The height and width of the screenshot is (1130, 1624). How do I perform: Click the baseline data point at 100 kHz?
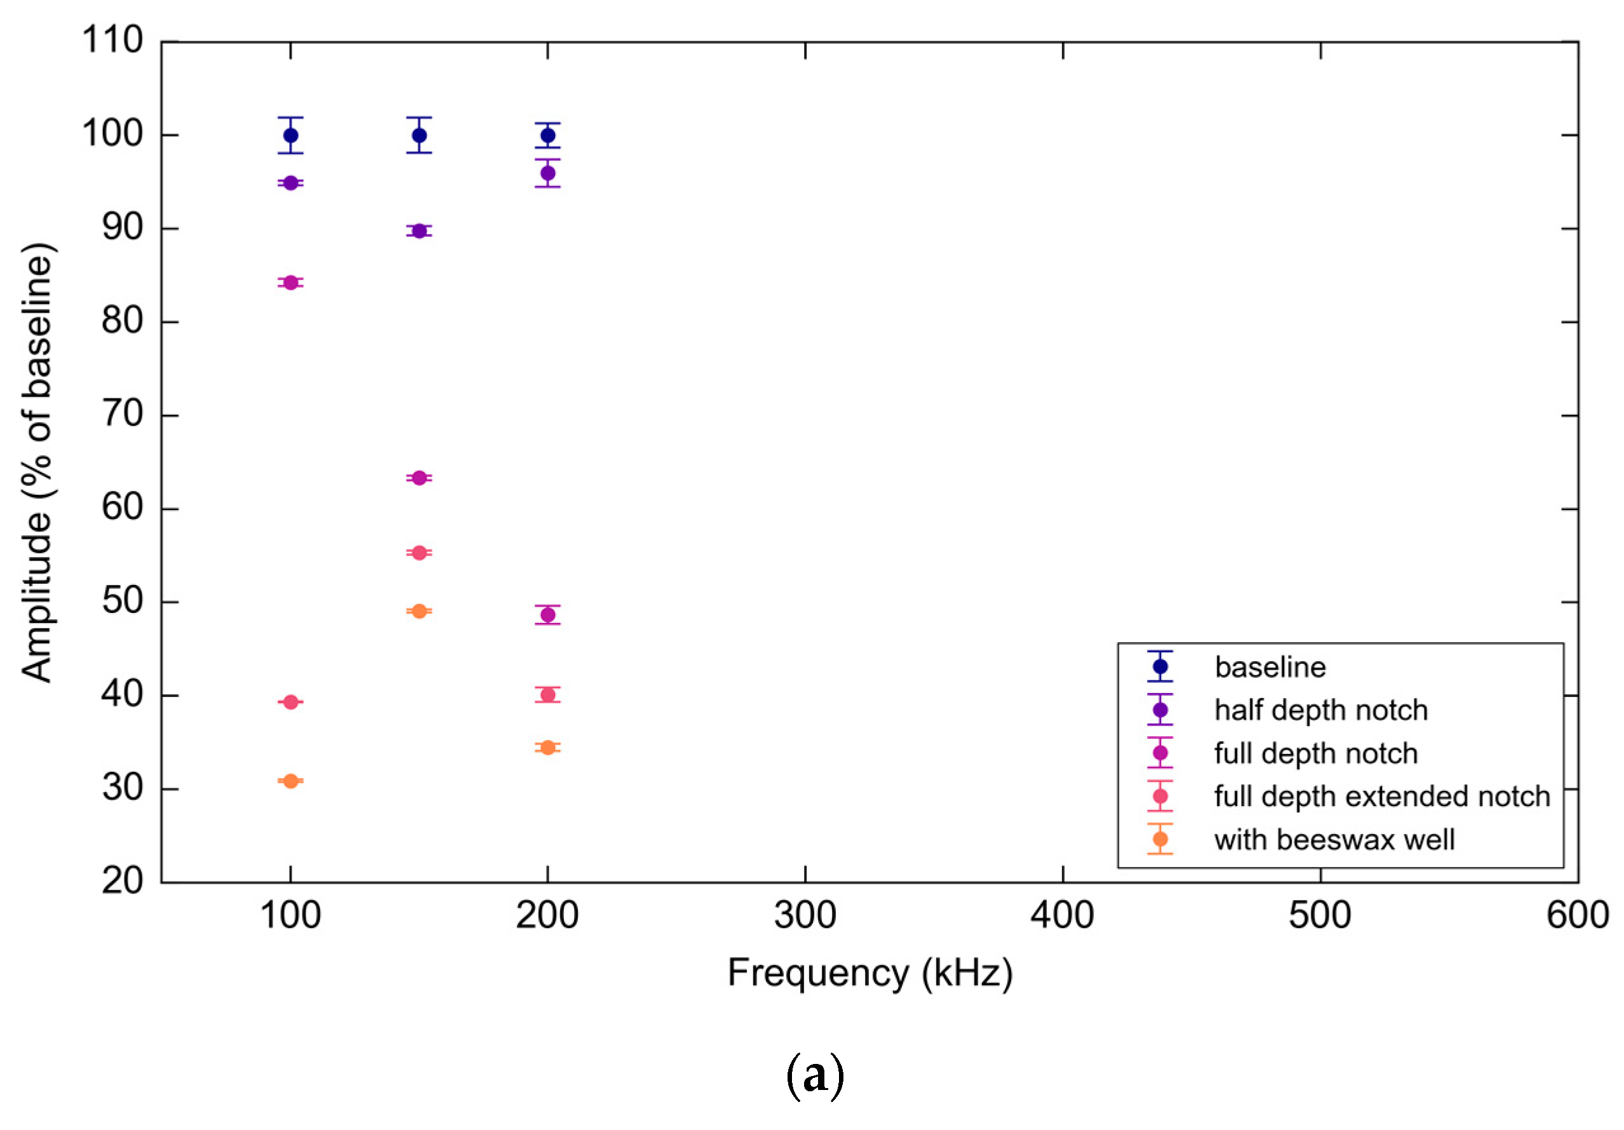tap(291, 135)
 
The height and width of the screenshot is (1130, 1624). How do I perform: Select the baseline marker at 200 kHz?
tap(547, 135)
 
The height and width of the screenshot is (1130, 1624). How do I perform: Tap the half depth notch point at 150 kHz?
tap(419, 231)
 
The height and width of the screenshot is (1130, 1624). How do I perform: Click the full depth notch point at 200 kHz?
tap(547, 615)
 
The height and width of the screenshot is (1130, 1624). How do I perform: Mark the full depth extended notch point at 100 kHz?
tap(291, 702)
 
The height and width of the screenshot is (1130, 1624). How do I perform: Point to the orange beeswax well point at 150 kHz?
tap(419, 610)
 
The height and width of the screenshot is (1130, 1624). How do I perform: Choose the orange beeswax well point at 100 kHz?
tap(291, 781)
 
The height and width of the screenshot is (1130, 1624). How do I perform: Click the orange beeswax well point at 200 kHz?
tap(547, 747)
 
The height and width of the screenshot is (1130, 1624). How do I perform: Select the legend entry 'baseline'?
tap(1270, 667)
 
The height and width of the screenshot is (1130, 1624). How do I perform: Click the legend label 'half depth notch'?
tap(1320, 710)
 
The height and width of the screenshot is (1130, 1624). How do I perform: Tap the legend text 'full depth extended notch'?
tap(1381, 797)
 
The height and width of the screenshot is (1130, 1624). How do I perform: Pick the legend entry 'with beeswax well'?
tap(1334, 840)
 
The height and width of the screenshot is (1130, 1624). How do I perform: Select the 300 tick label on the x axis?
tap(805, 915)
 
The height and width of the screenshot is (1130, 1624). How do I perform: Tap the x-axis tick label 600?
tap(1577, 915)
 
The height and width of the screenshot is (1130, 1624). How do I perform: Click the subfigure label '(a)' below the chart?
tap(815, 1075)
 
